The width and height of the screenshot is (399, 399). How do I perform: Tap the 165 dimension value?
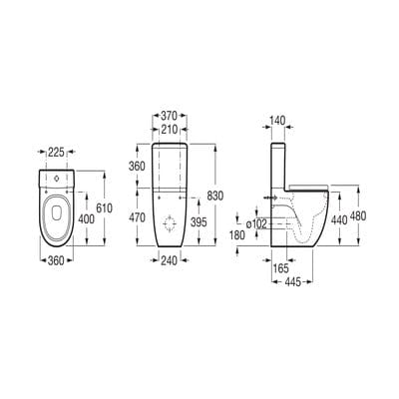pos(280,269)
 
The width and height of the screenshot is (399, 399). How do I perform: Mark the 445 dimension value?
pos(290,281)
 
